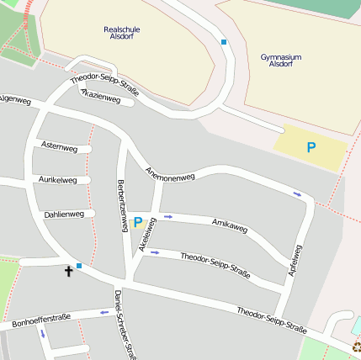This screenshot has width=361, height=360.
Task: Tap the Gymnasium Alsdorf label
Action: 281,61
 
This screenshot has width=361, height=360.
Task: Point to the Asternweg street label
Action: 59,148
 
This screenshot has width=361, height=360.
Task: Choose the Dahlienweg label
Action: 64,214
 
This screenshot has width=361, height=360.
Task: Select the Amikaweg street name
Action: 230,226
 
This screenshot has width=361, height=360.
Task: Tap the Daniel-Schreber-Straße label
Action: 124,325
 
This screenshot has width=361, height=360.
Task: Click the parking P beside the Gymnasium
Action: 311,148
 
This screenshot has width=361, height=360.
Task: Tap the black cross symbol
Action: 68,271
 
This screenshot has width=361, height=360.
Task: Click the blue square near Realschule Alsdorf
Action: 224,41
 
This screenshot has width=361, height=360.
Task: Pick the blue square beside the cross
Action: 79,266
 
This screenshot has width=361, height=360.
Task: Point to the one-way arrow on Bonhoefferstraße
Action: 104,312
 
